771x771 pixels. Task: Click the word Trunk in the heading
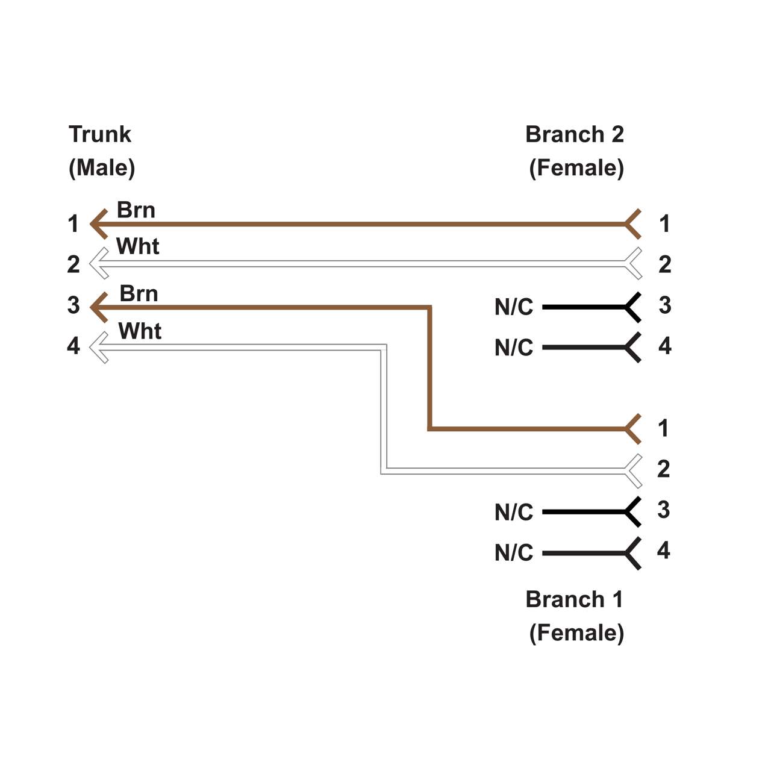(x=99, y=134)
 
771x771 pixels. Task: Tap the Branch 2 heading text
(x=574, y=134)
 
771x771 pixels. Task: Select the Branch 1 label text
(x=574, y=599)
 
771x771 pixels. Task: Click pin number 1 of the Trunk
(x=73, y=224)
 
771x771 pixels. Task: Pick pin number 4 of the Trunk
(x=73, y=346)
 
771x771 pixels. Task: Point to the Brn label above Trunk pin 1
(x=136, y=210)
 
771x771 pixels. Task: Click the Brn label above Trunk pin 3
(x=139, y=294)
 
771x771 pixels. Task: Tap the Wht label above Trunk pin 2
(x=137, y=246)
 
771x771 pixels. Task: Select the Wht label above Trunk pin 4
(x=140, y=331)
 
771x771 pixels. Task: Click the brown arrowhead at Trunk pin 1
(x=98, y=224)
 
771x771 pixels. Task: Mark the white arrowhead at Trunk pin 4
(x=98, y=348)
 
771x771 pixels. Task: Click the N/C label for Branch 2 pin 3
(x=514, y=307)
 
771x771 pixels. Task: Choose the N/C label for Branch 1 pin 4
(x=514, y=553)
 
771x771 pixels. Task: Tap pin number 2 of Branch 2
(x=664, y=264)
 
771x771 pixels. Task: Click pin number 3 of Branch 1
(x=663, y=510)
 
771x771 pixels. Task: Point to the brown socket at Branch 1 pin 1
(x=632, y=429)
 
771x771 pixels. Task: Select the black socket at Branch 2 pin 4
(x=632, y=348)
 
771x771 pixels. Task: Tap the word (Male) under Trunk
(x=102, y=168)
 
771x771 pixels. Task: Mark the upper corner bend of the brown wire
(x=429, y=308)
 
